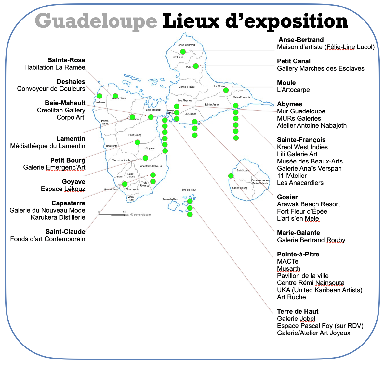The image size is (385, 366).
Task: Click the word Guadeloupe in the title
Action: pyautogui.click(x=96, y=21)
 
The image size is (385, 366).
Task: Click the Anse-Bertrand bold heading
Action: pyautogui.click(x=301, y=40)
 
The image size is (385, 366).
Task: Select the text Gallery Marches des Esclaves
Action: pyautogui.click(x=321, y=68)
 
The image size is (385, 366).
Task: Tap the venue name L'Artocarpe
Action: pyautogui.click(x=293, y=90)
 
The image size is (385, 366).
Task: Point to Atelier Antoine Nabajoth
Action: pyautogui.click(x=312, y=125)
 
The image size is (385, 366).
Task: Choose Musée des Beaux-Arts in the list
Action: pyautogui.click(x=310, y=161)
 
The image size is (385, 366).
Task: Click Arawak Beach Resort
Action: pyautogui.click(x=308, y=204)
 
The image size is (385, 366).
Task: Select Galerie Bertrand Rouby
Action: pyautogui.click(x=311, y=240)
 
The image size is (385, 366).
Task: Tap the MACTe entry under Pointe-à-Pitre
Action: pyautogui.click(x=287, y=261)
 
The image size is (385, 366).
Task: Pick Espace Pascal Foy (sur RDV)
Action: pyautogui.click(x=320, y=326)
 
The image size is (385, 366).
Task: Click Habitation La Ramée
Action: pyautogui.click(x=55, y=67)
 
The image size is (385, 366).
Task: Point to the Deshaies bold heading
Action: pyautogui.click(x=71, y=82)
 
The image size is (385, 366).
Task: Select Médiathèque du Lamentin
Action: pyautogui.click(x=48, y=146)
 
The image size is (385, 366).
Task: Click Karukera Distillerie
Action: pyautogui.click(x=58, y=217)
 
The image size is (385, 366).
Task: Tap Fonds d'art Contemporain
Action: pyautogui.click(x=48, y=239)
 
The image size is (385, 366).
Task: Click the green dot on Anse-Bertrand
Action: pyautogui.click(x=183, y=52)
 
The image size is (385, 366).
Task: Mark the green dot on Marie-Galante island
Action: pyautogui.click(x=231, y=176)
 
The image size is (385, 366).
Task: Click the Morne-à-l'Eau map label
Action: pyautogui.click(x=187, y=87)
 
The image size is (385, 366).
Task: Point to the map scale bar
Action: pyautogui.click(x=112, y=215)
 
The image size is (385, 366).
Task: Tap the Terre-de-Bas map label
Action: pyautogui.click(x=170, y=199)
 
